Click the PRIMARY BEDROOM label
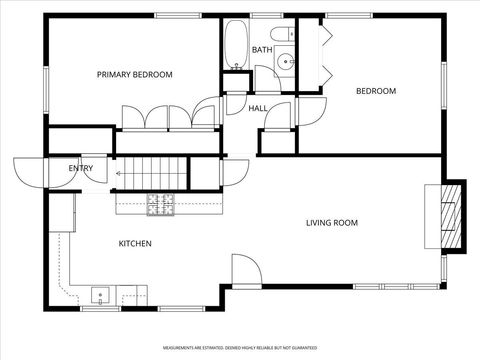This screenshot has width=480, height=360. [x=134, y=75]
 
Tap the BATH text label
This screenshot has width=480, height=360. [x=262, y=50]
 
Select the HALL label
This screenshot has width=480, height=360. [x=257, y=108]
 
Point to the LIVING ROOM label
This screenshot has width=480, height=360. [x=331, y=223]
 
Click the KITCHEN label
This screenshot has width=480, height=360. [x=135, y=243]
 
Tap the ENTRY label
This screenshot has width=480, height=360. [x=80, y=168]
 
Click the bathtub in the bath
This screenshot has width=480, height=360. [x=234, y=44]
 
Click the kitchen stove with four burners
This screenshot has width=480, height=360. [x=160, y=204]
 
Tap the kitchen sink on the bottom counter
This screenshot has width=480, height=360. [x=101, y=294]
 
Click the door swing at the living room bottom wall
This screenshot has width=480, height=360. [x=245, y=270]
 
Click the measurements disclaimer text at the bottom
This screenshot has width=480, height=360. [x=239, y=349]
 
